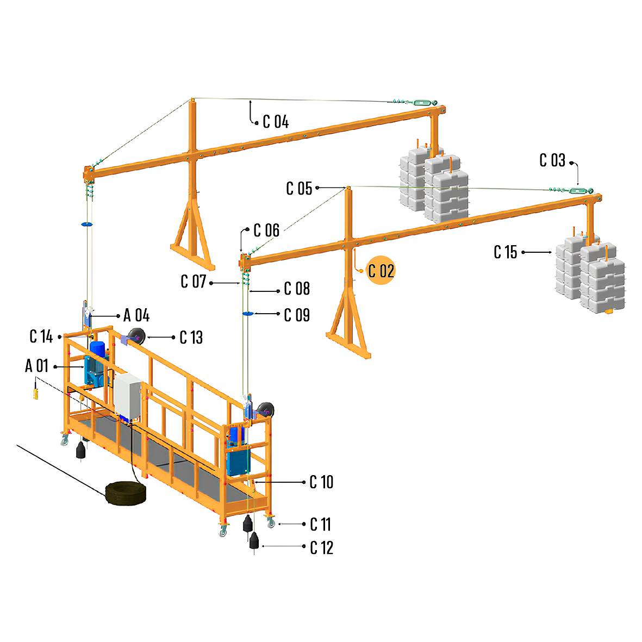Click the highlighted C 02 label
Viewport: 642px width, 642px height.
pos(381,271)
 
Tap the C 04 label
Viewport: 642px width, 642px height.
pos(276,122)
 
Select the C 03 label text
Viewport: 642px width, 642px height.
pos(552,160)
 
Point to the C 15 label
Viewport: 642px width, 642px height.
pos(505,252)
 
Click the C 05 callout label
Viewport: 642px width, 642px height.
pos(299,188)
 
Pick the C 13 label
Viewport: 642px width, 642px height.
pos(191,338)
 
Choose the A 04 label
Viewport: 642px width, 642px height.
pos(136,316)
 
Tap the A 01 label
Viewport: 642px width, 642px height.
pos(37,366)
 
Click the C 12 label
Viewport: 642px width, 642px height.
pos(321,547)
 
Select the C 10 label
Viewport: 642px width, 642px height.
pos(321,482)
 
